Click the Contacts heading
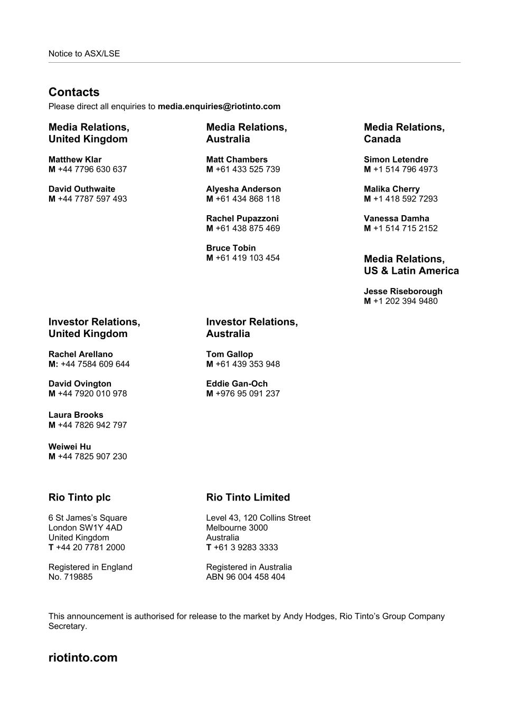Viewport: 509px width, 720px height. pos(74,92)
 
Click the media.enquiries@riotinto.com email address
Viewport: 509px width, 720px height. pos(219,107)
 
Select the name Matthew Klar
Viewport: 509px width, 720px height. pos(75,160)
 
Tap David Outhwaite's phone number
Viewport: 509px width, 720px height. pos(92,199)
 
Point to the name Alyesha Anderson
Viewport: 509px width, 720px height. pos(243,189)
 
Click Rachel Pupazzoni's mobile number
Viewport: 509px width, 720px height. pos(247,228)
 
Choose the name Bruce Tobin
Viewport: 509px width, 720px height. pos(231,248)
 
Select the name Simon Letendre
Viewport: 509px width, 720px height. pos(396,160)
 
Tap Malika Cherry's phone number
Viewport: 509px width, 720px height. pos(405,199)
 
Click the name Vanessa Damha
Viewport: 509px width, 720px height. pos(397,219)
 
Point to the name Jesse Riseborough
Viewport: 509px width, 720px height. pos(403,292)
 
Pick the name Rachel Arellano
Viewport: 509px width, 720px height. pos(81,354)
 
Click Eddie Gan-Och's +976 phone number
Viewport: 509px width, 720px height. pos(247,393)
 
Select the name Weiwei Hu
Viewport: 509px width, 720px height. pos(70,447)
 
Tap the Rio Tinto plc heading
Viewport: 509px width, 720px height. pos(80,497)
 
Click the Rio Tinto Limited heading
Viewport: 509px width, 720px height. pos(248,497)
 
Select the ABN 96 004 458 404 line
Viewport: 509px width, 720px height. pos(246,577)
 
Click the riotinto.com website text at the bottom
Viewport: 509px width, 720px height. pos(83,658)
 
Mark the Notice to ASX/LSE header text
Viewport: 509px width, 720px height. pos(84,54)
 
